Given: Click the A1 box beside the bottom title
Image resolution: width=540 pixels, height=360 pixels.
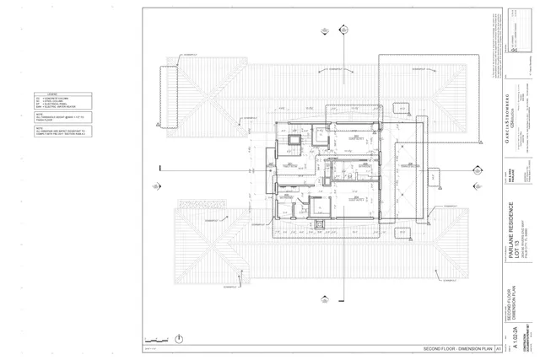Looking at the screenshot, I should point(499,348).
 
